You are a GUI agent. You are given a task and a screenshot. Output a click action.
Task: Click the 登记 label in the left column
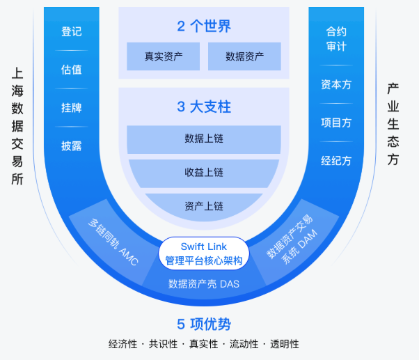point(72,31)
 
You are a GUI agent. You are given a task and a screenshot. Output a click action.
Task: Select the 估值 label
point(72,70)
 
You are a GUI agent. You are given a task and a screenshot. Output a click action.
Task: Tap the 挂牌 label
point(72,108)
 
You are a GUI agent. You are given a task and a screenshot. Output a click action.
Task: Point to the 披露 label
point(72,146)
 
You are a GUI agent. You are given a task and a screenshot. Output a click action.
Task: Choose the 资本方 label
point(336,84)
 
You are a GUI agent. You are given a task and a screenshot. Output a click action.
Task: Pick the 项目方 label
point(336,123)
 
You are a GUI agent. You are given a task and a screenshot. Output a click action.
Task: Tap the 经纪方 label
point(336,161)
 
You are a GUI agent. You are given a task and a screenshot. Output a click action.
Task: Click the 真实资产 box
point(163,56)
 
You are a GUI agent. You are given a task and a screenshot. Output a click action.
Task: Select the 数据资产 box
point(244,56)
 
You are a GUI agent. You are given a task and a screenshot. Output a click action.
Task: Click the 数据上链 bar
point(203,139)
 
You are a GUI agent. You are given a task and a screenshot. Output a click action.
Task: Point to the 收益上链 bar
point(203,173)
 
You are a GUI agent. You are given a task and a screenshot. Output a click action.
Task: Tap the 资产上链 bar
point(203,206)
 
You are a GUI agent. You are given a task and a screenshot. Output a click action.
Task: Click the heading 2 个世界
point(203,26)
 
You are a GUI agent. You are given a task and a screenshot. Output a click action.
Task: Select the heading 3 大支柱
point(203,107)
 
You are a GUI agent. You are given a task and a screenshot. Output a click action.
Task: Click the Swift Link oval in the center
point(203,253)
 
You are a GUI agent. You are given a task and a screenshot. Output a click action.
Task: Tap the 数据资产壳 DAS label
point(203,284)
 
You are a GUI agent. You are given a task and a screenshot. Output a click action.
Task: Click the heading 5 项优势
point(203,324)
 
